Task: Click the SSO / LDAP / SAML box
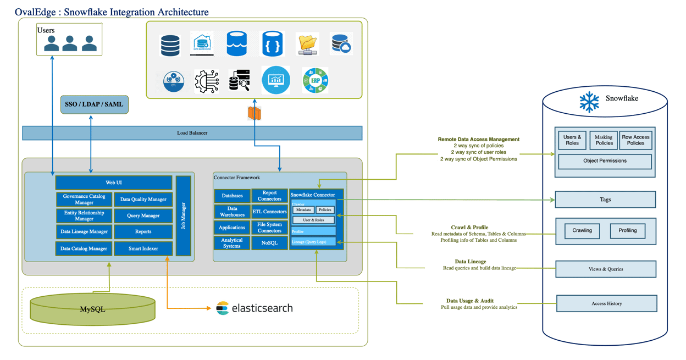click(x=94, y=104)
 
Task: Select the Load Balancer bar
click(x=192, y=133)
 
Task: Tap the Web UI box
click(x=114, y=182)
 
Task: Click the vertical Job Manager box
click(x=184, y=215)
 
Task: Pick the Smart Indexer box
click(x=143, y=248)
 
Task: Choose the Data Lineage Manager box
click(x=84, y=232)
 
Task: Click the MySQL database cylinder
click(x=92, y=309)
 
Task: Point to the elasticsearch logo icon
click(x=222, y=308)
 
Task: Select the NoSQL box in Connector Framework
click(x=269, y=243)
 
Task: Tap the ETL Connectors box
click(x=269, y=212)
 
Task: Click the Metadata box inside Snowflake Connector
click(x=303, y=210)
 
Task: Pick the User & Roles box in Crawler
click(x=313, y=220)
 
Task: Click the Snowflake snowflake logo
click(x=589, y=102)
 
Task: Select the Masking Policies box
click(x=604, y=140)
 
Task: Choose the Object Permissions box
click(x=605, y=161)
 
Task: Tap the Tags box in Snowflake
click(x=605, y=200)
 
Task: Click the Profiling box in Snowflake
click(x=627, y=231)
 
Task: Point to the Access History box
click(x=606, y=303)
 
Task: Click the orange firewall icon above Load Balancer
click(x=254, y=113)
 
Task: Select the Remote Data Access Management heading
click(x=478, y=140)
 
